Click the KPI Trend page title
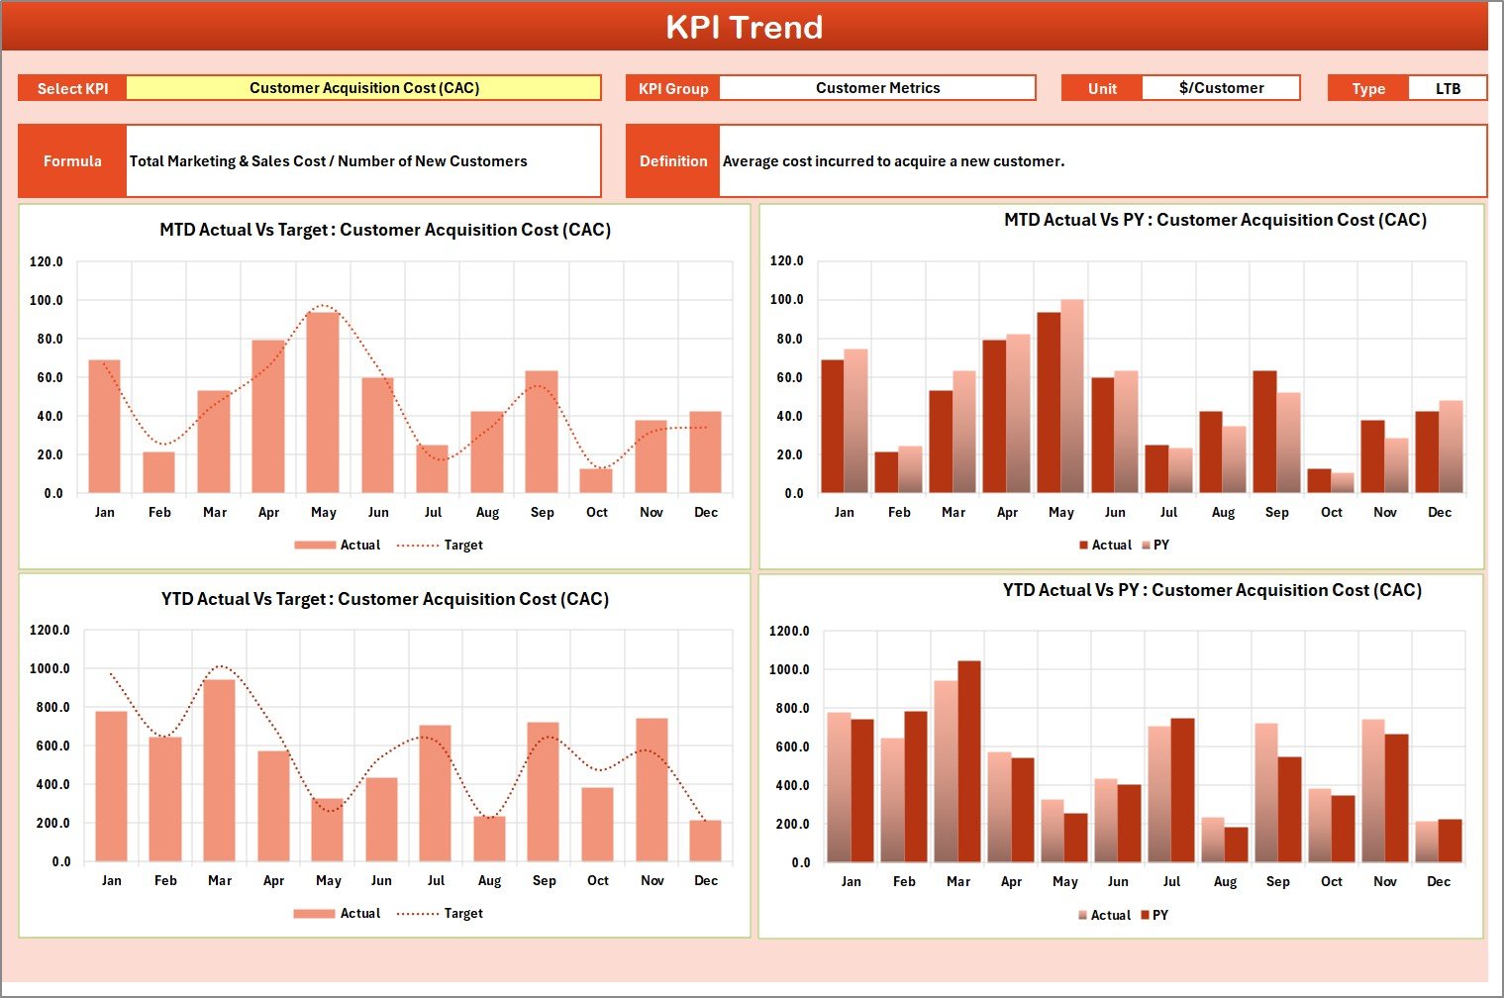coord(744,27)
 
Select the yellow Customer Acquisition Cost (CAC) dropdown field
coord(363,88)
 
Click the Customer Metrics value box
coord(877,88)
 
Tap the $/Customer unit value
coord(1221,88)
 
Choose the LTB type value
coord(1448,89)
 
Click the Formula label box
coord(72,161)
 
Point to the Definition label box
coord(673,161)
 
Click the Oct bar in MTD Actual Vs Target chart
coord(596,480)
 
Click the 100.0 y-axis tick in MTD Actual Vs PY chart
coord(786,299)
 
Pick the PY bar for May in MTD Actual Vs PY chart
coord(1072,396)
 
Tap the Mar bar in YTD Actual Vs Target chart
coord(219,770)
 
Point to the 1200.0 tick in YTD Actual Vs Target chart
coord(50,630)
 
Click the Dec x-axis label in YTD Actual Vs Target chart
coord(706,880)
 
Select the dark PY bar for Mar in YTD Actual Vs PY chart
coord(969,761)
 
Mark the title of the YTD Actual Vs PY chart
coord(1212,590)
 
